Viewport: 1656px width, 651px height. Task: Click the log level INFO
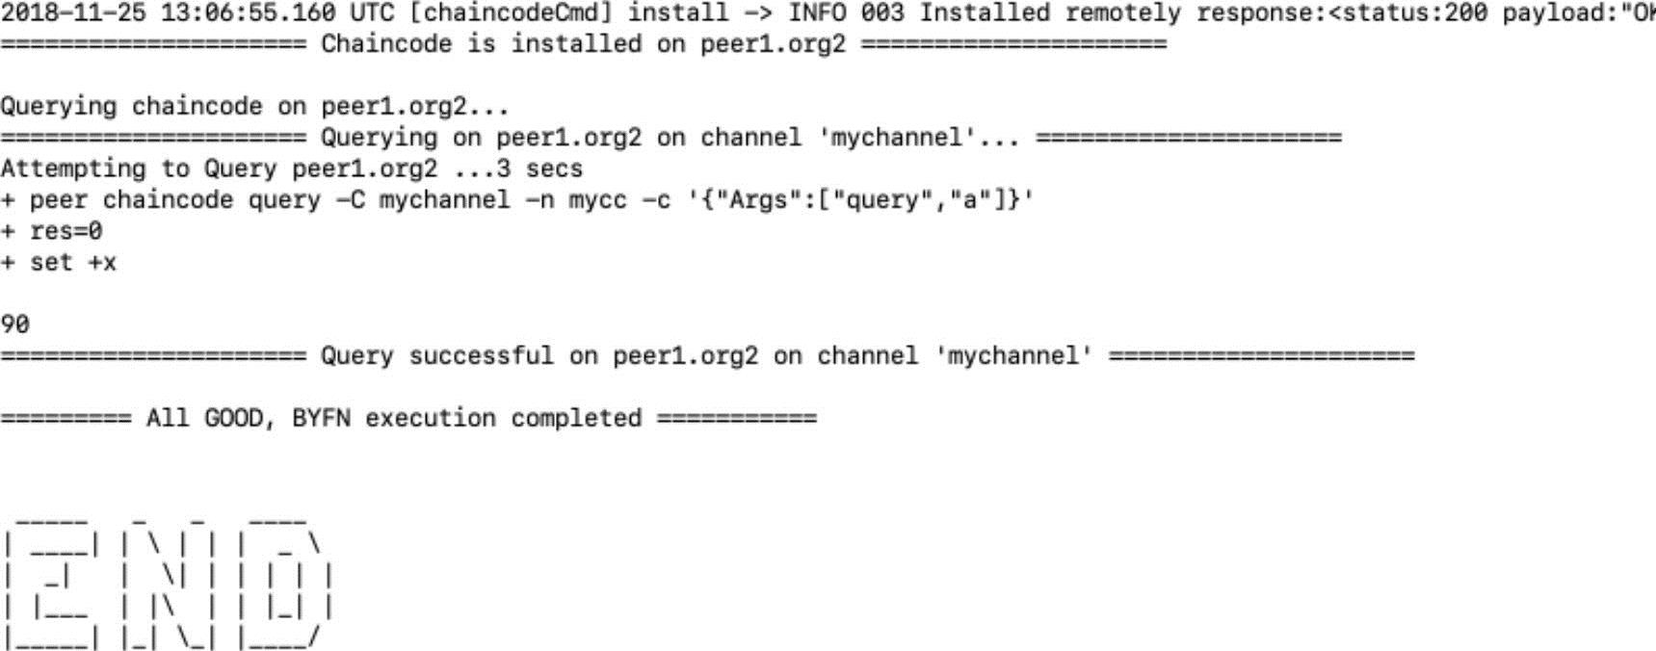click(817, 13)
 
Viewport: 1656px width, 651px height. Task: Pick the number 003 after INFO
click(882, 13)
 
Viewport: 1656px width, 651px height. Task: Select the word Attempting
click(72, 169)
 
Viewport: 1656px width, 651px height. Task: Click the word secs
click(554, 169)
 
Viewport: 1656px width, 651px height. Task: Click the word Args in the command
click(773, 201)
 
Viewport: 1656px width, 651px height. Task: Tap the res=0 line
click(51, 232)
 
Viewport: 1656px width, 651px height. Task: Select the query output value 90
click(14, 325)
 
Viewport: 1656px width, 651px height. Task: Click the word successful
click(481, 356)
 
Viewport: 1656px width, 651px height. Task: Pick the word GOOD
click(233, 419)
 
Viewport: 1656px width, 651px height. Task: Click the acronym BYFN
click(321, 419)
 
